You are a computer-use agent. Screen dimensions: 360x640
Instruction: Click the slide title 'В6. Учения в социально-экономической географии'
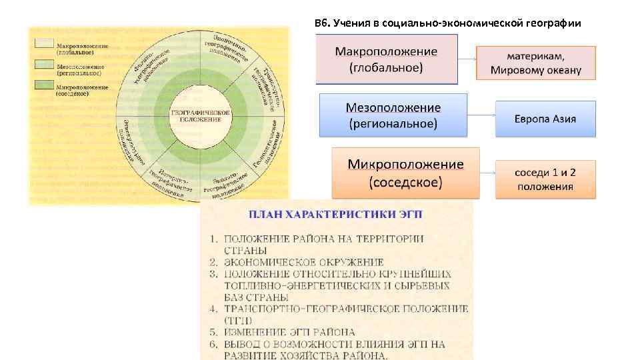point(447,24)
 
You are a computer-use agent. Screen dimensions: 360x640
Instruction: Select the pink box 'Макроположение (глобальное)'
point(386,59)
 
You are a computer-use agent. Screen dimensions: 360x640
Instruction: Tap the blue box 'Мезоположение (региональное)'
point(393,115)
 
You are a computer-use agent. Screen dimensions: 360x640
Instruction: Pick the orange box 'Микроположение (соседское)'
point(405,173)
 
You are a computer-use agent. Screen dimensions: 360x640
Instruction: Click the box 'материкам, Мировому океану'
point(535,63)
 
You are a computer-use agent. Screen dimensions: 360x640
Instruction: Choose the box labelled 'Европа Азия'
point(545,119)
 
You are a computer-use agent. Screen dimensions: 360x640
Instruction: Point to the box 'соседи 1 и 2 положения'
point(545,179)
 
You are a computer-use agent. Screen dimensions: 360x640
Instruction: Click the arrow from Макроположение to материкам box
point(467,58)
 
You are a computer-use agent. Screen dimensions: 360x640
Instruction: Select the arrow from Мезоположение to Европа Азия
point(481,115)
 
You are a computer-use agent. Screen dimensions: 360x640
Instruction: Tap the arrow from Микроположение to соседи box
point(487,172)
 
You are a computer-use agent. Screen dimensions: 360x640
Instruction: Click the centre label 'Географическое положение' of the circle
point(200,115)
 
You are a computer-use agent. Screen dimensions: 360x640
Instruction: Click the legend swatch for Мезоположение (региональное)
point(45,65)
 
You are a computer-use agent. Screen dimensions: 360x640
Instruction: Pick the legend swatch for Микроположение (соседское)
point(45,85)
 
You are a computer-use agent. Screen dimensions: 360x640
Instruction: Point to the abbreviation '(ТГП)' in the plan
point(237,320)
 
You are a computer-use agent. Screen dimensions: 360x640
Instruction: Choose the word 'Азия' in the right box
point(564,119)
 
